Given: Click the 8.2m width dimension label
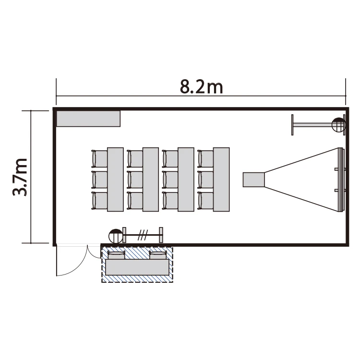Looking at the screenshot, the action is pyautogui.click(x=201, y=87).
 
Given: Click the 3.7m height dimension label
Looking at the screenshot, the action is pyautogui.click(x=20, y=177).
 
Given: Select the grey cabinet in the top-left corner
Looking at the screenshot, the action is pyautogui.click(x=88, y=119).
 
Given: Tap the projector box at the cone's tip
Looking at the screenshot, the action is pyautogui.click(x=254, y=180).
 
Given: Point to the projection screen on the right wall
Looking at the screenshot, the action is pyautogui.click(x=341, y=180).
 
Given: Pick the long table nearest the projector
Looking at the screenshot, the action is pyautogui.click(x=221, y=180).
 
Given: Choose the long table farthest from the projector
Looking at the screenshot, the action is pyautogui.click(x=115, y=180).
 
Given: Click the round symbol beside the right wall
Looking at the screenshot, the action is pyautogui.click(x=338, y=125).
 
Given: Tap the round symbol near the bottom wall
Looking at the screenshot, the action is pyautogui.click(x=116, y=236).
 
